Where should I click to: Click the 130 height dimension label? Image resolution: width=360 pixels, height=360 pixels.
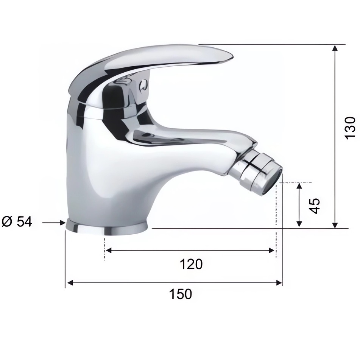click(x=350, y=128)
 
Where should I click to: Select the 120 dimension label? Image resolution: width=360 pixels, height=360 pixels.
click(x=191, y=264)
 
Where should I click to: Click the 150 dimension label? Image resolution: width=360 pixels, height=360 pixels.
click(x=180, y=294)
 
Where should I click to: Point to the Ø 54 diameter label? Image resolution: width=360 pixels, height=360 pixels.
click(x=17, y=222)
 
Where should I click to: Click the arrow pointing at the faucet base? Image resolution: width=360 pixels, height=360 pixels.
click(x=54, y=223)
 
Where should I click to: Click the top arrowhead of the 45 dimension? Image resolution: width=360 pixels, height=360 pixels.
click(x=299, y=186)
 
